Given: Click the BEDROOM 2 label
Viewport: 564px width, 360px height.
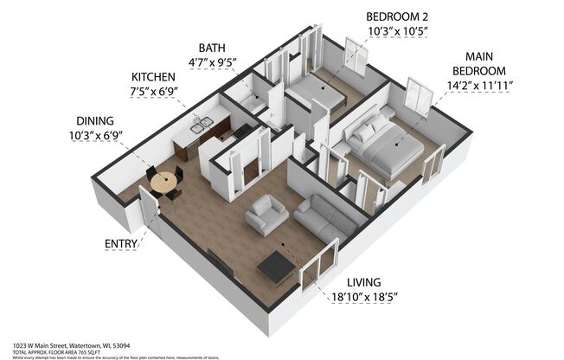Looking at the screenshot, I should click(398, 16).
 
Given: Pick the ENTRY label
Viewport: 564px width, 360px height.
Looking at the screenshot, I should click(121, 243).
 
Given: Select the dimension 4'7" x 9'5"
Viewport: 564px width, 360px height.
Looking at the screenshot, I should click(212, 62).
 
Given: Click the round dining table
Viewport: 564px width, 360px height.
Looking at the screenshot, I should click(162, 182).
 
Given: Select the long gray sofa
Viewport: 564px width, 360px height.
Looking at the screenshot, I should click(326, 215).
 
